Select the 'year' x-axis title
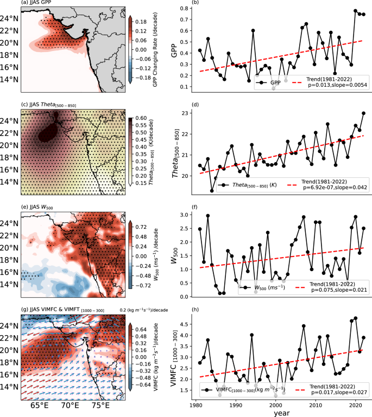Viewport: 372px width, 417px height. coord(281,412)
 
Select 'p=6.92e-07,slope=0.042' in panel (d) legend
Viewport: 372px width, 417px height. coord(331,188)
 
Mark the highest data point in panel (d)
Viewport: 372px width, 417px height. coord(363,113)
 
